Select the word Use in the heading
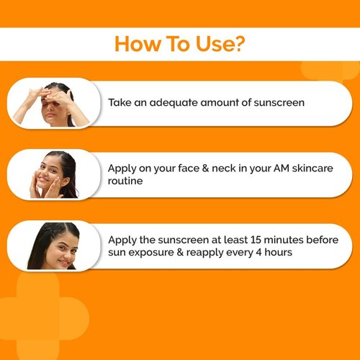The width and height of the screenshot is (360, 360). coord(212,45)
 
